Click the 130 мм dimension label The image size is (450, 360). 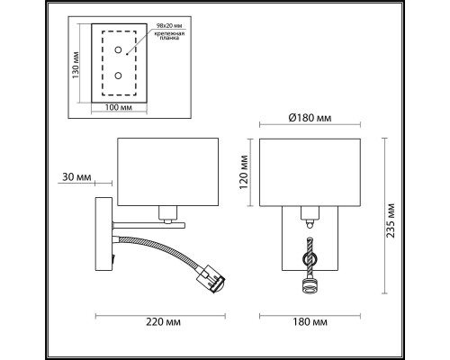pyautogui.click(x=76, y=66)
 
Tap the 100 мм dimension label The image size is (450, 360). pyautogui.click(x=119, y=107)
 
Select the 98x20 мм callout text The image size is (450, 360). pyautogui.click(x=169, y=26)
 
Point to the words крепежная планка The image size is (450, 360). pyautogui.click(x=169, y=35)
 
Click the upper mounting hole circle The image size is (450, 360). pyautogui.click(x=119, y=49)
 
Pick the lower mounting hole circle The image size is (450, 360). pyautogui.click(x=119, y=76)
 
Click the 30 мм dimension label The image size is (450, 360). pyautogui.click(x=76, y=177)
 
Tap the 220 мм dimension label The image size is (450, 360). pyautogui.click(x=163, y=322)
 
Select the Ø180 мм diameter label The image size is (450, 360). pyautogui.click(x=310, y=118)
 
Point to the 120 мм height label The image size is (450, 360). pyautogui.click(x=244, y=172)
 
